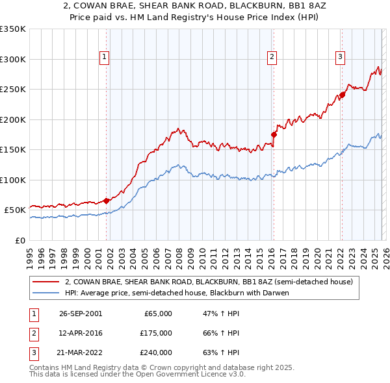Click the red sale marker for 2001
107,201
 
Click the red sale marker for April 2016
274,135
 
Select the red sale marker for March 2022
342,95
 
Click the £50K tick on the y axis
16,210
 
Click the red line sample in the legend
47,282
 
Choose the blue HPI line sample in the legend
47,293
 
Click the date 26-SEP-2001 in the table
80,314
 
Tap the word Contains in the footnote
45,367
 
